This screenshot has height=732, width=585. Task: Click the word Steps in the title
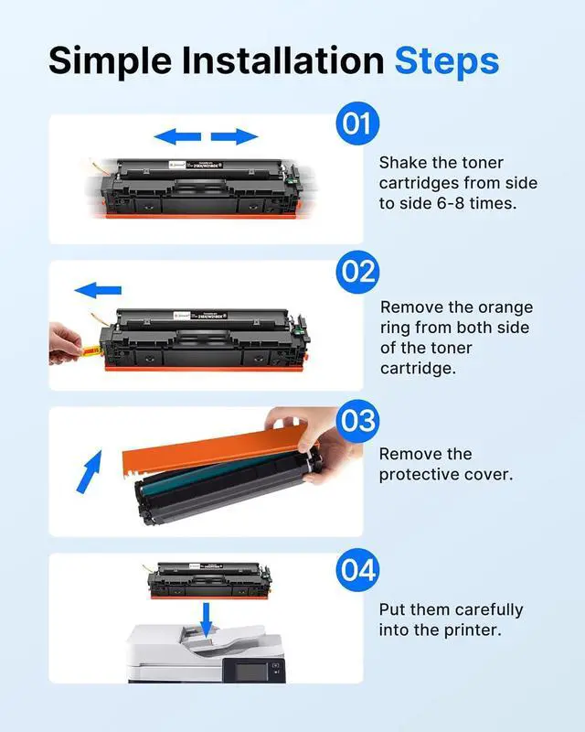click(447, 60)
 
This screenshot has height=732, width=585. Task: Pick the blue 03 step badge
click(356, 422)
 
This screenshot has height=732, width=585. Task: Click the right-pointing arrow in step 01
click(235, 137)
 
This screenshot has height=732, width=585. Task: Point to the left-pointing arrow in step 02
click(98, 291)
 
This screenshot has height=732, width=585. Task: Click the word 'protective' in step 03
click(420, 474)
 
